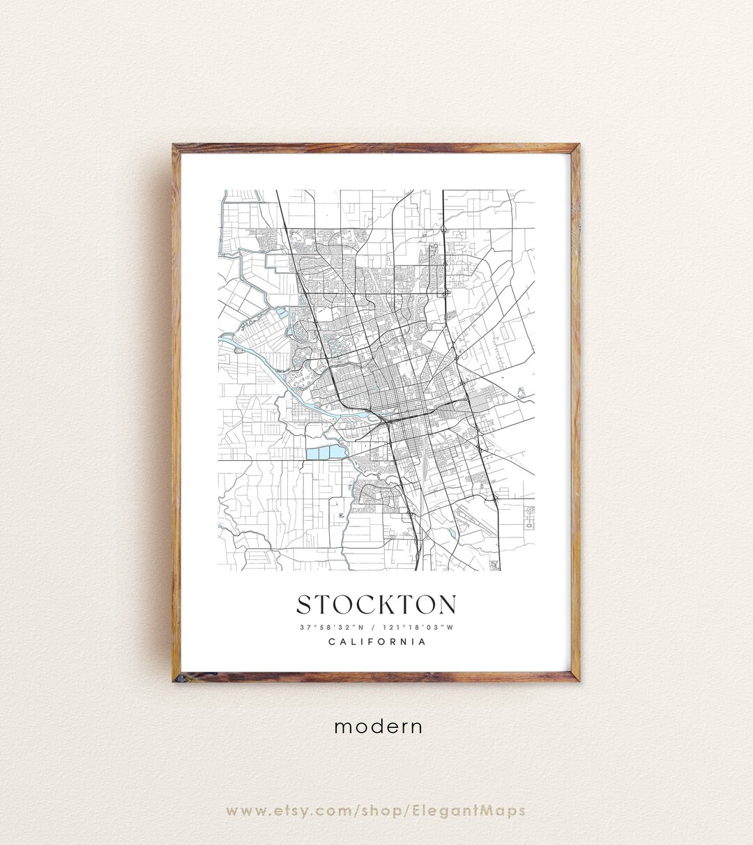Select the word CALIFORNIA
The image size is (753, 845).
coord(376,642)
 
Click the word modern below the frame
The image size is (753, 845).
coord(378,726)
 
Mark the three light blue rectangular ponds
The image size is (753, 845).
coord(325,453)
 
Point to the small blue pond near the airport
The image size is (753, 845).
coord(452,533)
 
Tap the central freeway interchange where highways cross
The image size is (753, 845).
coord(387,421)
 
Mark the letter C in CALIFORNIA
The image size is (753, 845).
coord(332,642)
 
